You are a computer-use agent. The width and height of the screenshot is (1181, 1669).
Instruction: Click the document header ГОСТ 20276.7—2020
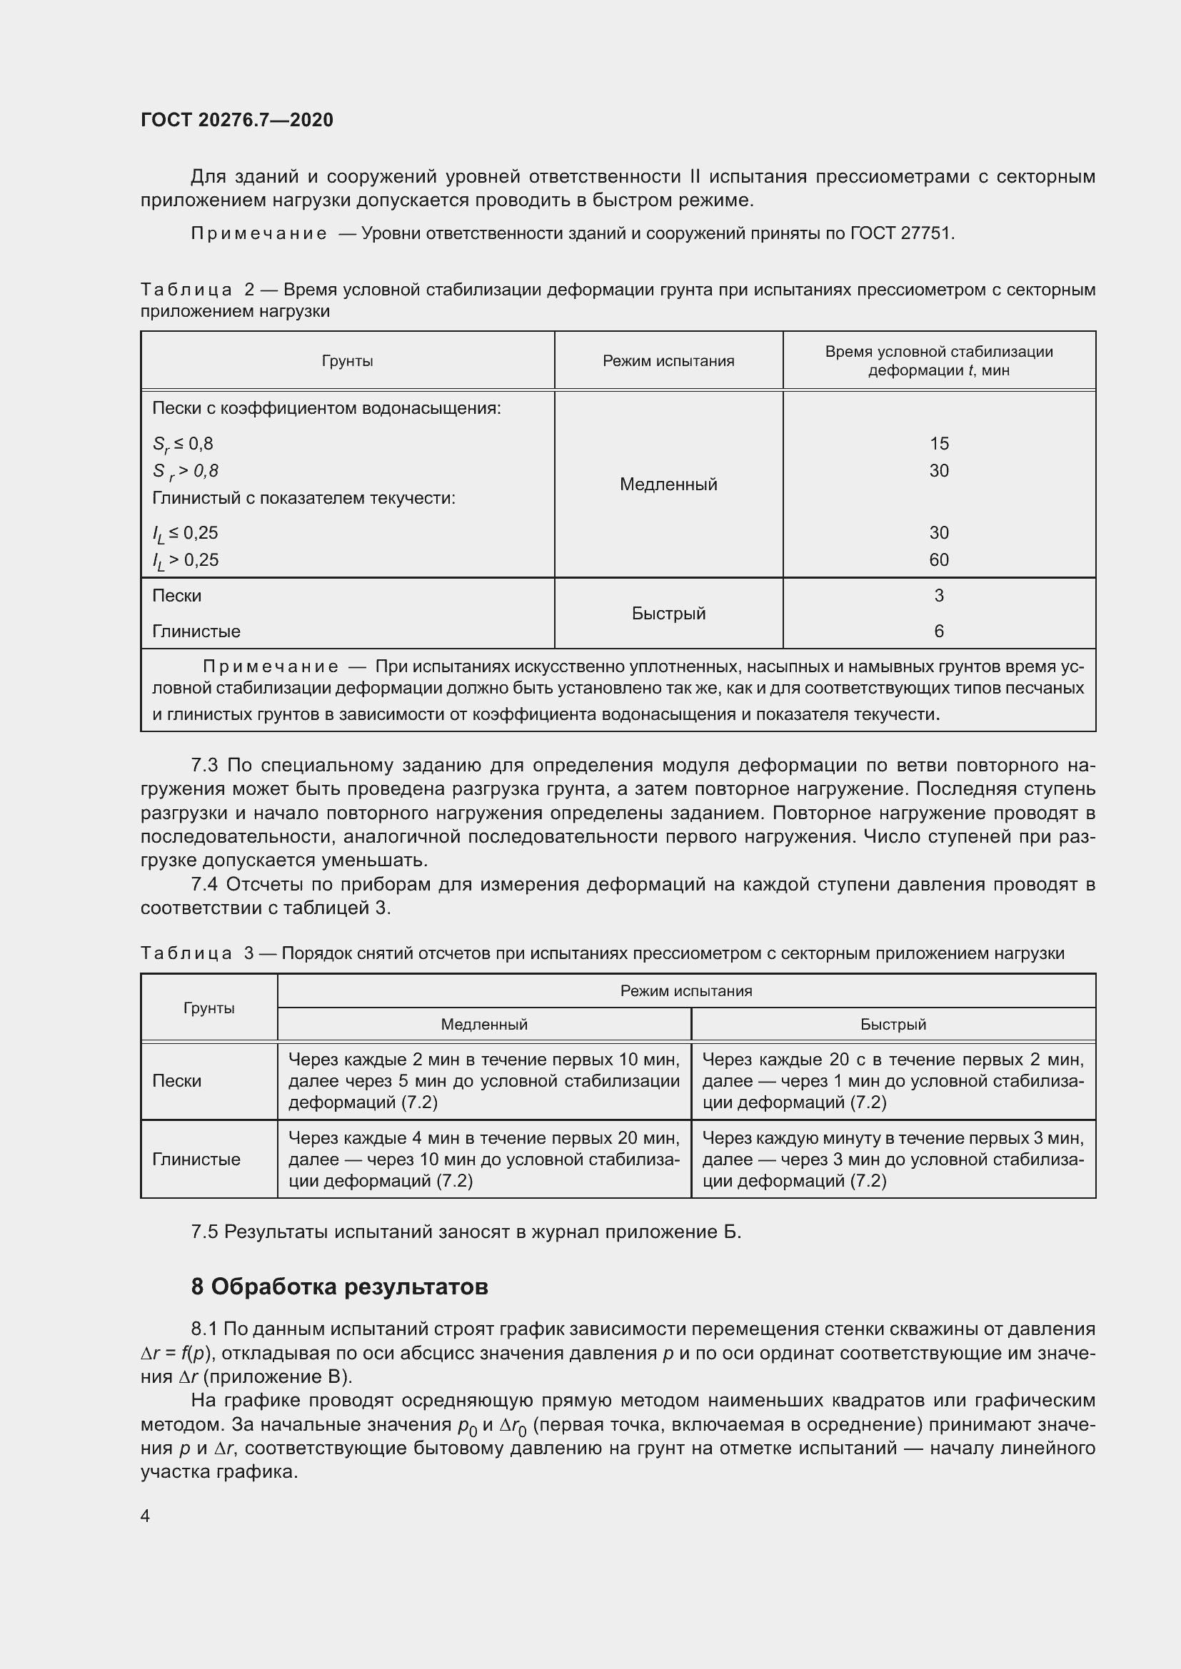pos(236,120)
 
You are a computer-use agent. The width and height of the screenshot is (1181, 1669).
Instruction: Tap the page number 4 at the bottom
pos(146,1516)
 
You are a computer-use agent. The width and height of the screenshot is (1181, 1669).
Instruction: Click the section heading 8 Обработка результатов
pos(339,1287)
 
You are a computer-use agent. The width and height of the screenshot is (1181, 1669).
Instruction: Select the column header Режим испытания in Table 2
pos(668,360)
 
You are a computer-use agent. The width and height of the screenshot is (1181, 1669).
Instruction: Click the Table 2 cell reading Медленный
pos(668,484)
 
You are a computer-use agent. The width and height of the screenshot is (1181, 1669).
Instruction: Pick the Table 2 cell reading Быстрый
pos(668,613)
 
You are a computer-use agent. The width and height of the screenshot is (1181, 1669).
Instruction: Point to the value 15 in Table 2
pos(938,443)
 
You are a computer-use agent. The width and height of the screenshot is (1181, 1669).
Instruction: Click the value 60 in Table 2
pos(938,559)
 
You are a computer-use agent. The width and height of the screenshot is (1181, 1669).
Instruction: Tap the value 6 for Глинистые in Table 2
pos(938,631)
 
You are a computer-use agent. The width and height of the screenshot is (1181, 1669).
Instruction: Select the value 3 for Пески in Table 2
pos(938,595)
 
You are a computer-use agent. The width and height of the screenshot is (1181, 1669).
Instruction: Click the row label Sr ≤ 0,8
pos(183,444)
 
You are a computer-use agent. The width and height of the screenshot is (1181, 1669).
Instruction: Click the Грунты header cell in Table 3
pos(208,1008)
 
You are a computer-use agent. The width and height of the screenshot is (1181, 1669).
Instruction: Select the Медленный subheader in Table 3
pos(483,1024)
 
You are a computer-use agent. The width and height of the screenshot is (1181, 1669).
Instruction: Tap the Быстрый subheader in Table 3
pos(893,1024)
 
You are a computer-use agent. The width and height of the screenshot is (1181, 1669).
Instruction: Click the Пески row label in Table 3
pos(176,1081)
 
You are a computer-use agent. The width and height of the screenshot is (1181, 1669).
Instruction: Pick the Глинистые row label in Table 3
pos(196,1159)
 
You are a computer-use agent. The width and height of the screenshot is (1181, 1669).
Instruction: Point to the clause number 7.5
pos(204,1232)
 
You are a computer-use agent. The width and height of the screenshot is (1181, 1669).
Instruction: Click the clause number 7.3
pos(204,765)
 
